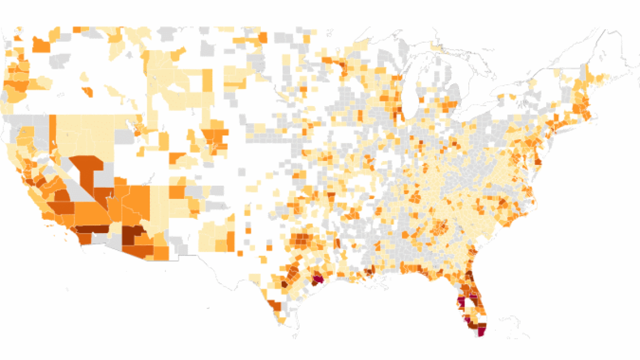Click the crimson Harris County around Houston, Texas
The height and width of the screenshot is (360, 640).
(318, 278)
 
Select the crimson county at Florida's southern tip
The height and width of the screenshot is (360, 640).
(481, 332)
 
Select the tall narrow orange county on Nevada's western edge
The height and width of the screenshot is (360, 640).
(53, 133)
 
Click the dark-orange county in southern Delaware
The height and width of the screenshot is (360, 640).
(538, 161)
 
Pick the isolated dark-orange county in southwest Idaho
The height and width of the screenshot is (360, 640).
(87, 92)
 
